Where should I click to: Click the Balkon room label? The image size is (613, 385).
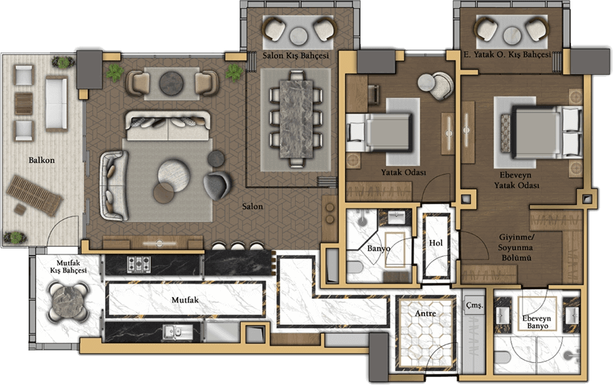(x=41, y=160)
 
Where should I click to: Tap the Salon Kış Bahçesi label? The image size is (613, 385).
(x=296, y=55)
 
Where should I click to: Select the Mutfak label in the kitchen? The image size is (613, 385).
(x=185, y=300)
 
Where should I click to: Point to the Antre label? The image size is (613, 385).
(x=425, y=313)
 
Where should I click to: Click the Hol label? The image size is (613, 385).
(x=436, y=242)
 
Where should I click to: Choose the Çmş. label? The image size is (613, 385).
(x=474, y=306)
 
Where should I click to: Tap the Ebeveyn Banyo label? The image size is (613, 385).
(x=536, y=322)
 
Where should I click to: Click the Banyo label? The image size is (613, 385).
(x=378, y=248)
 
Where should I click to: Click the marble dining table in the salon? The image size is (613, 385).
(x=297, y=119)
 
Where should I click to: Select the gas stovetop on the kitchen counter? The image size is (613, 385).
(x=139, y=264)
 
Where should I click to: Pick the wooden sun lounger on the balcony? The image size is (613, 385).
(x=34, y=195)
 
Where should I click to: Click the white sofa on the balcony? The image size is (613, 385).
(x=57, y=103)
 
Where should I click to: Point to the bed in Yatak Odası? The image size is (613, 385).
(x=379, y=132)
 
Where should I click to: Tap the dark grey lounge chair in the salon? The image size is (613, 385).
(x=217, y=185)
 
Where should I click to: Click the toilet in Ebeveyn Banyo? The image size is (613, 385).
(x=503, y=357)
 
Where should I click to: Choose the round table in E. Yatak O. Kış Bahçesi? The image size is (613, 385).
(x=512, y=35)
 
